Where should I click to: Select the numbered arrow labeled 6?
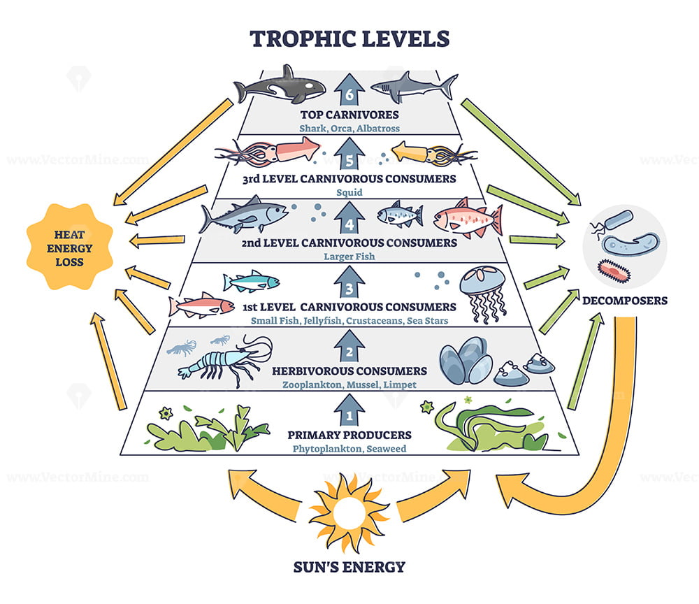tap(349, 89)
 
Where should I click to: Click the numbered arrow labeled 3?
tap(349, 282)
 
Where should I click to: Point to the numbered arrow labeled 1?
tap(349, 409)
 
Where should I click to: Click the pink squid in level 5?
tap(268, 152)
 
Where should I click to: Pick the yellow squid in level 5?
tap(435, 154)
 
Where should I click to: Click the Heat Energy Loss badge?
tap(69, 247)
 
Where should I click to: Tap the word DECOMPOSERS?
tap(624, 301)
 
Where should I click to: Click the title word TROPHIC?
tap(303, 38)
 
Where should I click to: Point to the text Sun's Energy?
tap(349, 567)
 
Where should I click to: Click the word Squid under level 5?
tap(349, 192)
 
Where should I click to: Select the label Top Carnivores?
tap(349, 115)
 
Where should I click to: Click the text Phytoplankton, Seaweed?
tap(349, 449)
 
